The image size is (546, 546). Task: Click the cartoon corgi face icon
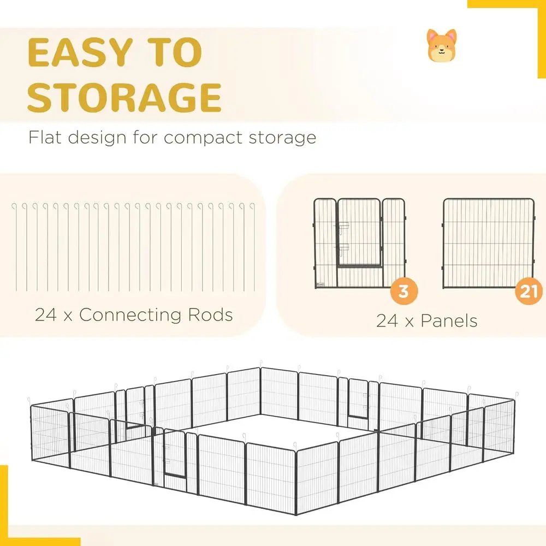click(x=442, y=45)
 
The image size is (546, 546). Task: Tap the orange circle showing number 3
click(x=404, y=291)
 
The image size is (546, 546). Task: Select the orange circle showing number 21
click(x=529, y=291)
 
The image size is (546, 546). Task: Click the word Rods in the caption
click(x=210, y=315)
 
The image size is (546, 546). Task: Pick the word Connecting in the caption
click(x=130, y=316)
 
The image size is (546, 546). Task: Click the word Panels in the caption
click(x=449, y=321)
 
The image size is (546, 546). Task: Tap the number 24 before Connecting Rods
click(x=46, y=315)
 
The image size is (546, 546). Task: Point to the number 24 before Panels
click(x=387, y=321)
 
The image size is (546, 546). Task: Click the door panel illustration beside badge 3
click(x=359, y=244)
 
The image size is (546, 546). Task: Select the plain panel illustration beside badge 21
click(x=488, y=244)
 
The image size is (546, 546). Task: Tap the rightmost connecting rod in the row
click(x=254, y=247)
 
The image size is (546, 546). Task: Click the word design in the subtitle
click(x=97, y=138)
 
